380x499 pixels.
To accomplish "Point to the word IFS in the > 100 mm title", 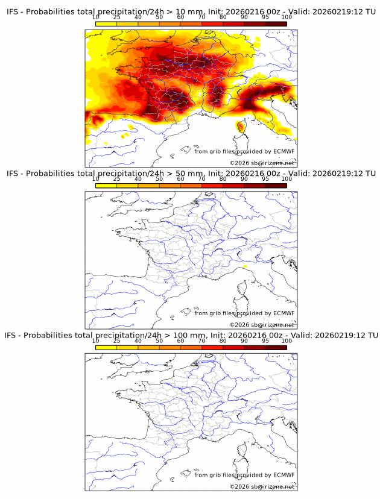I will pos(13,335).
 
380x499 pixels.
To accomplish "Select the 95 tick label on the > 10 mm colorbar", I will pos(265,17).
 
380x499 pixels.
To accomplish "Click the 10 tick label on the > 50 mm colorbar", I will pos(96,178).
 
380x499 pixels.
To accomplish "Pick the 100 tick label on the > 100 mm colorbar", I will pos(287,341).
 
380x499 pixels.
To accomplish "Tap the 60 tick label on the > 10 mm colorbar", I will pos(180,17).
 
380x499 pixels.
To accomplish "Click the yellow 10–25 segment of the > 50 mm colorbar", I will pos(106,186).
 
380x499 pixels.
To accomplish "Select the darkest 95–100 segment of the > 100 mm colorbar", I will pos(276,347).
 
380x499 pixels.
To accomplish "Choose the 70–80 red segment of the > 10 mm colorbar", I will pos(212,24).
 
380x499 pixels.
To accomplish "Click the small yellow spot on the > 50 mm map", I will pos(245,266).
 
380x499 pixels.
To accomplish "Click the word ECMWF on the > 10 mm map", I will pos(283,151).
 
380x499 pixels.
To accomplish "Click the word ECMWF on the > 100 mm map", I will pos(283,475).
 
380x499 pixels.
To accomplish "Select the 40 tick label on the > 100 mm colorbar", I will pos(138,341).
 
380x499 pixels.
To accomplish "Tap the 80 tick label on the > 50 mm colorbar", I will pos(223,178).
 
